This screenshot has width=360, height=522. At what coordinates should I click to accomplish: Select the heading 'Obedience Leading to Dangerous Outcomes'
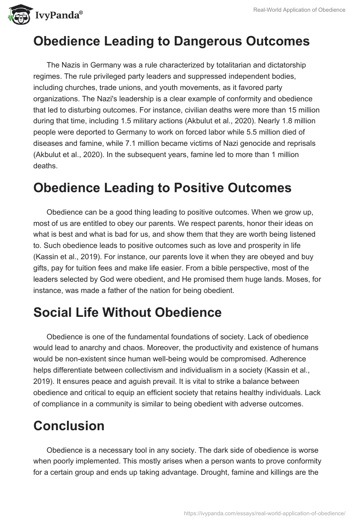171,41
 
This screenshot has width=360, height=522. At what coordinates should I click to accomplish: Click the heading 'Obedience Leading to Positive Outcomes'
162,188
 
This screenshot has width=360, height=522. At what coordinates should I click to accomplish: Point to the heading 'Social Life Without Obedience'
127,312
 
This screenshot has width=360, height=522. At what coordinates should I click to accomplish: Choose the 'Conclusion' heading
69,426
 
